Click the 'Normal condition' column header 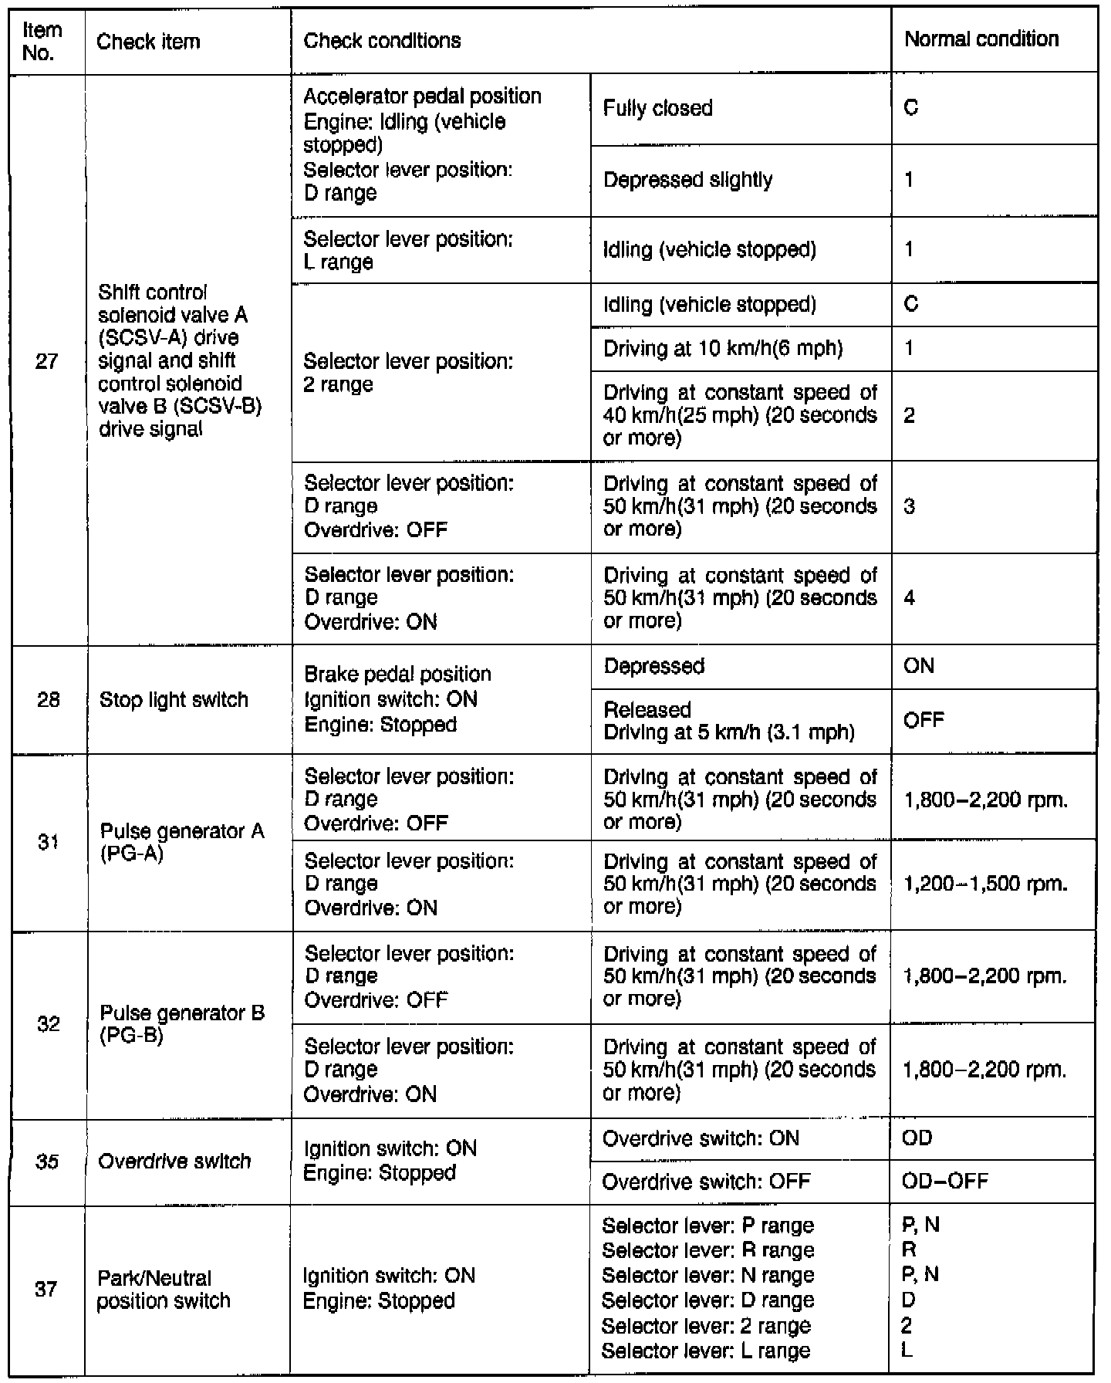(981, 39)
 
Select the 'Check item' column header (148, 42)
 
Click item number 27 (47, 360)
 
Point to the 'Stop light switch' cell (174, 700)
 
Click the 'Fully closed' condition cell (657, 109)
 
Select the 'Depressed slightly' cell (687, 181)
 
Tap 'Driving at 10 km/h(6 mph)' (723, 349)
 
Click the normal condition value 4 (910, 598)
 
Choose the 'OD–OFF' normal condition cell (944, 1182)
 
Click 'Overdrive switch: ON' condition (701, 1139)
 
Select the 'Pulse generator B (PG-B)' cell (182, 1023)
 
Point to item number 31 (48, 843)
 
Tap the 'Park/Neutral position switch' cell (164, 1290)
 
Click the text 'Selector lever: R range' (707, 1250)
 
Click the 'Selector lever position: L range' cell (408, 250)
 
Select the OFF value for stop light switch (923, 721)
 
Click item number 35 (48, 1162)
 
